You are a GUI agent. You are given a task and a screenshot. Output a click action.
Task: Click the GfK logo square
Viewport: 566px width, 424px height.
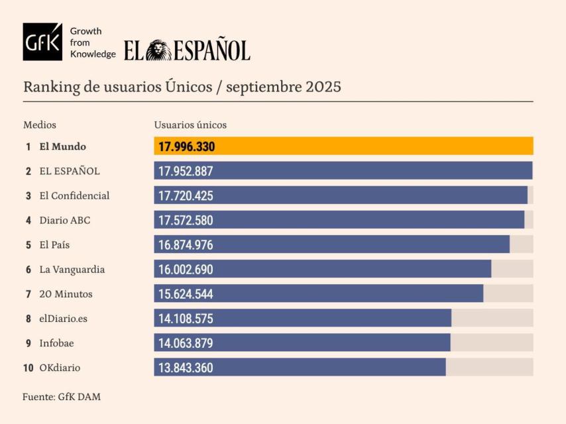point(42,42)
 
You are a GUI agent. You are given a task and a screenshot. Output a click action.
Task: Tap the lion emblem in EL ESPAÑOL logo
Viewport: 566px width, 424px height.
point(158,50)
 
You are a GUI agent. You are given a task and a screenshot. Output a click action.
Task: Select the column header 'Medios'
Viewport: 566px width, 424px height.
point(40,125)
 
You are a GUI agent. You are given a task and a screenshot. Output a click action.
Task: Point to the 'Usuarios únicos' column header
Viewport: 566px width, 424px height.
point(190,125)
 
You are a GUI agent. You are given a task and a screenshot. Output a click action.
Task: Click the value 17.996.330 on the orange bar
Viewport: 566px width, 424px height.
point(186,146)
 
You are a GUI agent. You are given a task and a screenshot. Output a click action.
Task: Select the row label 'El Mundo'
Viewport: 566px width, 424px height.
point(63,146)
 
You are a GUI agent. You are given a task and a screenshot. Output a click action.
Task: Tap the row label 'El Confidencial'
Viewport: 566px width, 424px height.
point(74,195)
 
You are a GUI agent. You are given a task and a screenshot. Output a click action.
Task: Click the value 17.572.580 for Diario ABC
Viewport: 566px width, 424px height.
point(186,220)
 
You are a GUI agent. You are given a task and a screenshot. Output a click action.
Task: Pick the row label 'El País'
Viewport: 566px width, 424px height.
point(54,244)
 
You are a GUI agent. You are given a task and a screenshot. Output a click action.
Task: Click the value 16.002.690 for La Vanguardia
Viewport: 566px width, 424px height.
point(186,269)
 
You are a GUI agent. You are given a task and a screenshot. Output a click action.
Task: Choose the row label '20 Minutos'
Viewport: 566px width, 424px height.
point(66,293)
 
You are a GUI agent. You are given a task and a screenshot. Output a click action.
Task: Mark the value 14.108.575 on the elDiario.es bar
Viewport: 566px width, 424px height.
point(186,318)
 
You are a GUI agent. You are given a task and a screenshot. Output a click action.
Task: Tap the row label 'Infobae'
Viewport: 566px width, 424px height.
point(57,343)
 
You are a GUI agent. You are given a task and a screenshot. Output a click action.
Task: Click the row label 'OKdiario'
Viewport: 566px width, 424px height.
point(60,367)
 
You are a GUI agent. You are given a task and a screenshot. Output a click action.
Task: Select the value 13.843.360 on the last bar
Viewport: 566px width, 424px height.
point(186,367)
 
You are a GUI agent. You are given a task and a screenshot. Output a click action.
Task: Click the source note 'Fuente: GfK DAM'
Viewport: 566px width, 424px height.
point(62,397)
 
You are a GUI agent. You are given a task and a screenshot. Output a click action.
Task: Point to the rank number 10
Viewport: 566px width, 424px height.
point(28,367)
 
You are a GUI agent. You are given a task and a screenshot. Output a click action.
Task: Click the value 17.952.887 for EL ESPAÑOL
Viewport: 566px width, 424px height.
point(186,171)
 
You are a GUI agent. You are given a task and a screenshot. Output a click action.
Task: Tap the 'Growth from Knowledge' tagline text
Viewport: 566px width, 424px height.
point(92,42)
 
